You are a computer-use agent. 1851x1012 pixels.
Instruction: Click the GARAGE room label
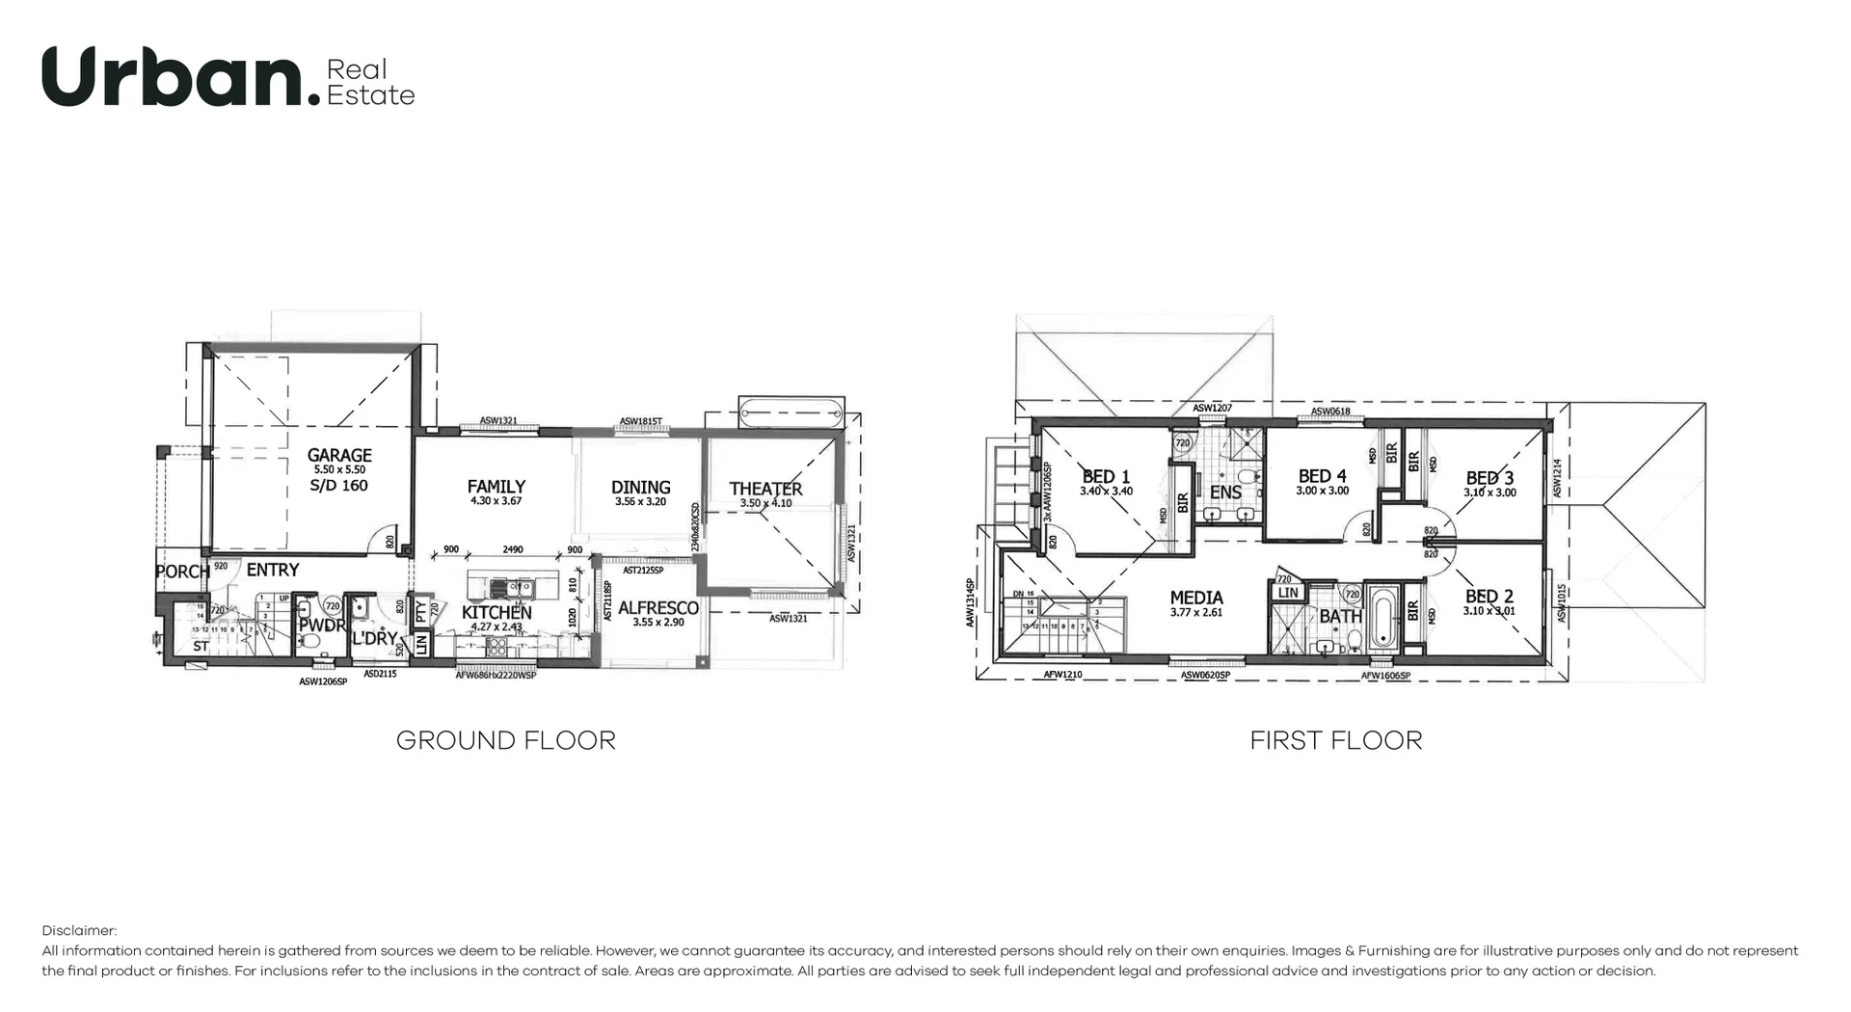(x=339, y=455)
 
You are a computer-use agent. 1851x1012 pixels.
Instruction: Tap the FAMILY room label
(x=496, y=487)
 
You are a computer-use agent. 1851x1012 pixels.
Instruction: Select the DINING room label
(x=640, y=488)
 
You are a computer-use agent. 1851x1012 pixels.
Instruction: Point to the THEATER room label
(x=765, y=489)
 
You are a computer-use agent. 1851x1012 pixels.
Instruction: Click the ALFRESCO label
(x=657, y=608)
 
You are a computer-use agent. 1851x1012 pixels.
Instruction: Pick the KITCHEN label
(x=496, y=613)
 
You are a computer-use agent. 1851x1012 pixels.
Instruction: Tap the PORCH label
(x=182, y=572)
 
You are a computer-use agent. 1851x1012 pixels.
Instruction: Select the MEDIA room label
(x=1195, y=598)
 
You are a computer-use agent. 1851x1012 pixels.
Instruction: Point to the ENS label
(x=1225, y=493)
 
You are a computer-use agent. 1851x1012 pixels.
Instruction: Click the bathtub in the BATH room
(x=1382, y=618)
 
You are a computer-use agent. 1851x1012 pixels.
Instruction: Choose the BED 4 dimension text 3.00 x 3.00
(x=1322, y=491)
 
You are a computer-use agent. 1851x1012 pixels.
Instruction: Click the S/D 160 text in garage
(x=339, y=486)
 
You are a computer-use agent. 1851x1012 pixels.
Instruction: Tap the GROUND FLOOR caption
(x=505, y=740)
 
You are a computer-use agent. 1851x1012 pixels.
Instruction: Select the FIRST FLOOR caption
(x=1335, y=740)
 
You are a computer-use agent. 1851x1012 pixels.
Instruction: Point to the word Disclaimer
(x=79, y=930)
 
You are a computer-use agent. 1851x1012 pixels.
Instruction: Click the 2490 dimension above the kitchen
(x=513, y=549)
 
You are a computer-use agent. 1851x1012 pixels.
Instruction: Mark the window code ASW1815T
(x=641, y=421)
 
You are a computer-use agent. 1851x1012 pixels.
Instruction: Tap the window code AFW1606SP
(x=1385, y=676)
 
